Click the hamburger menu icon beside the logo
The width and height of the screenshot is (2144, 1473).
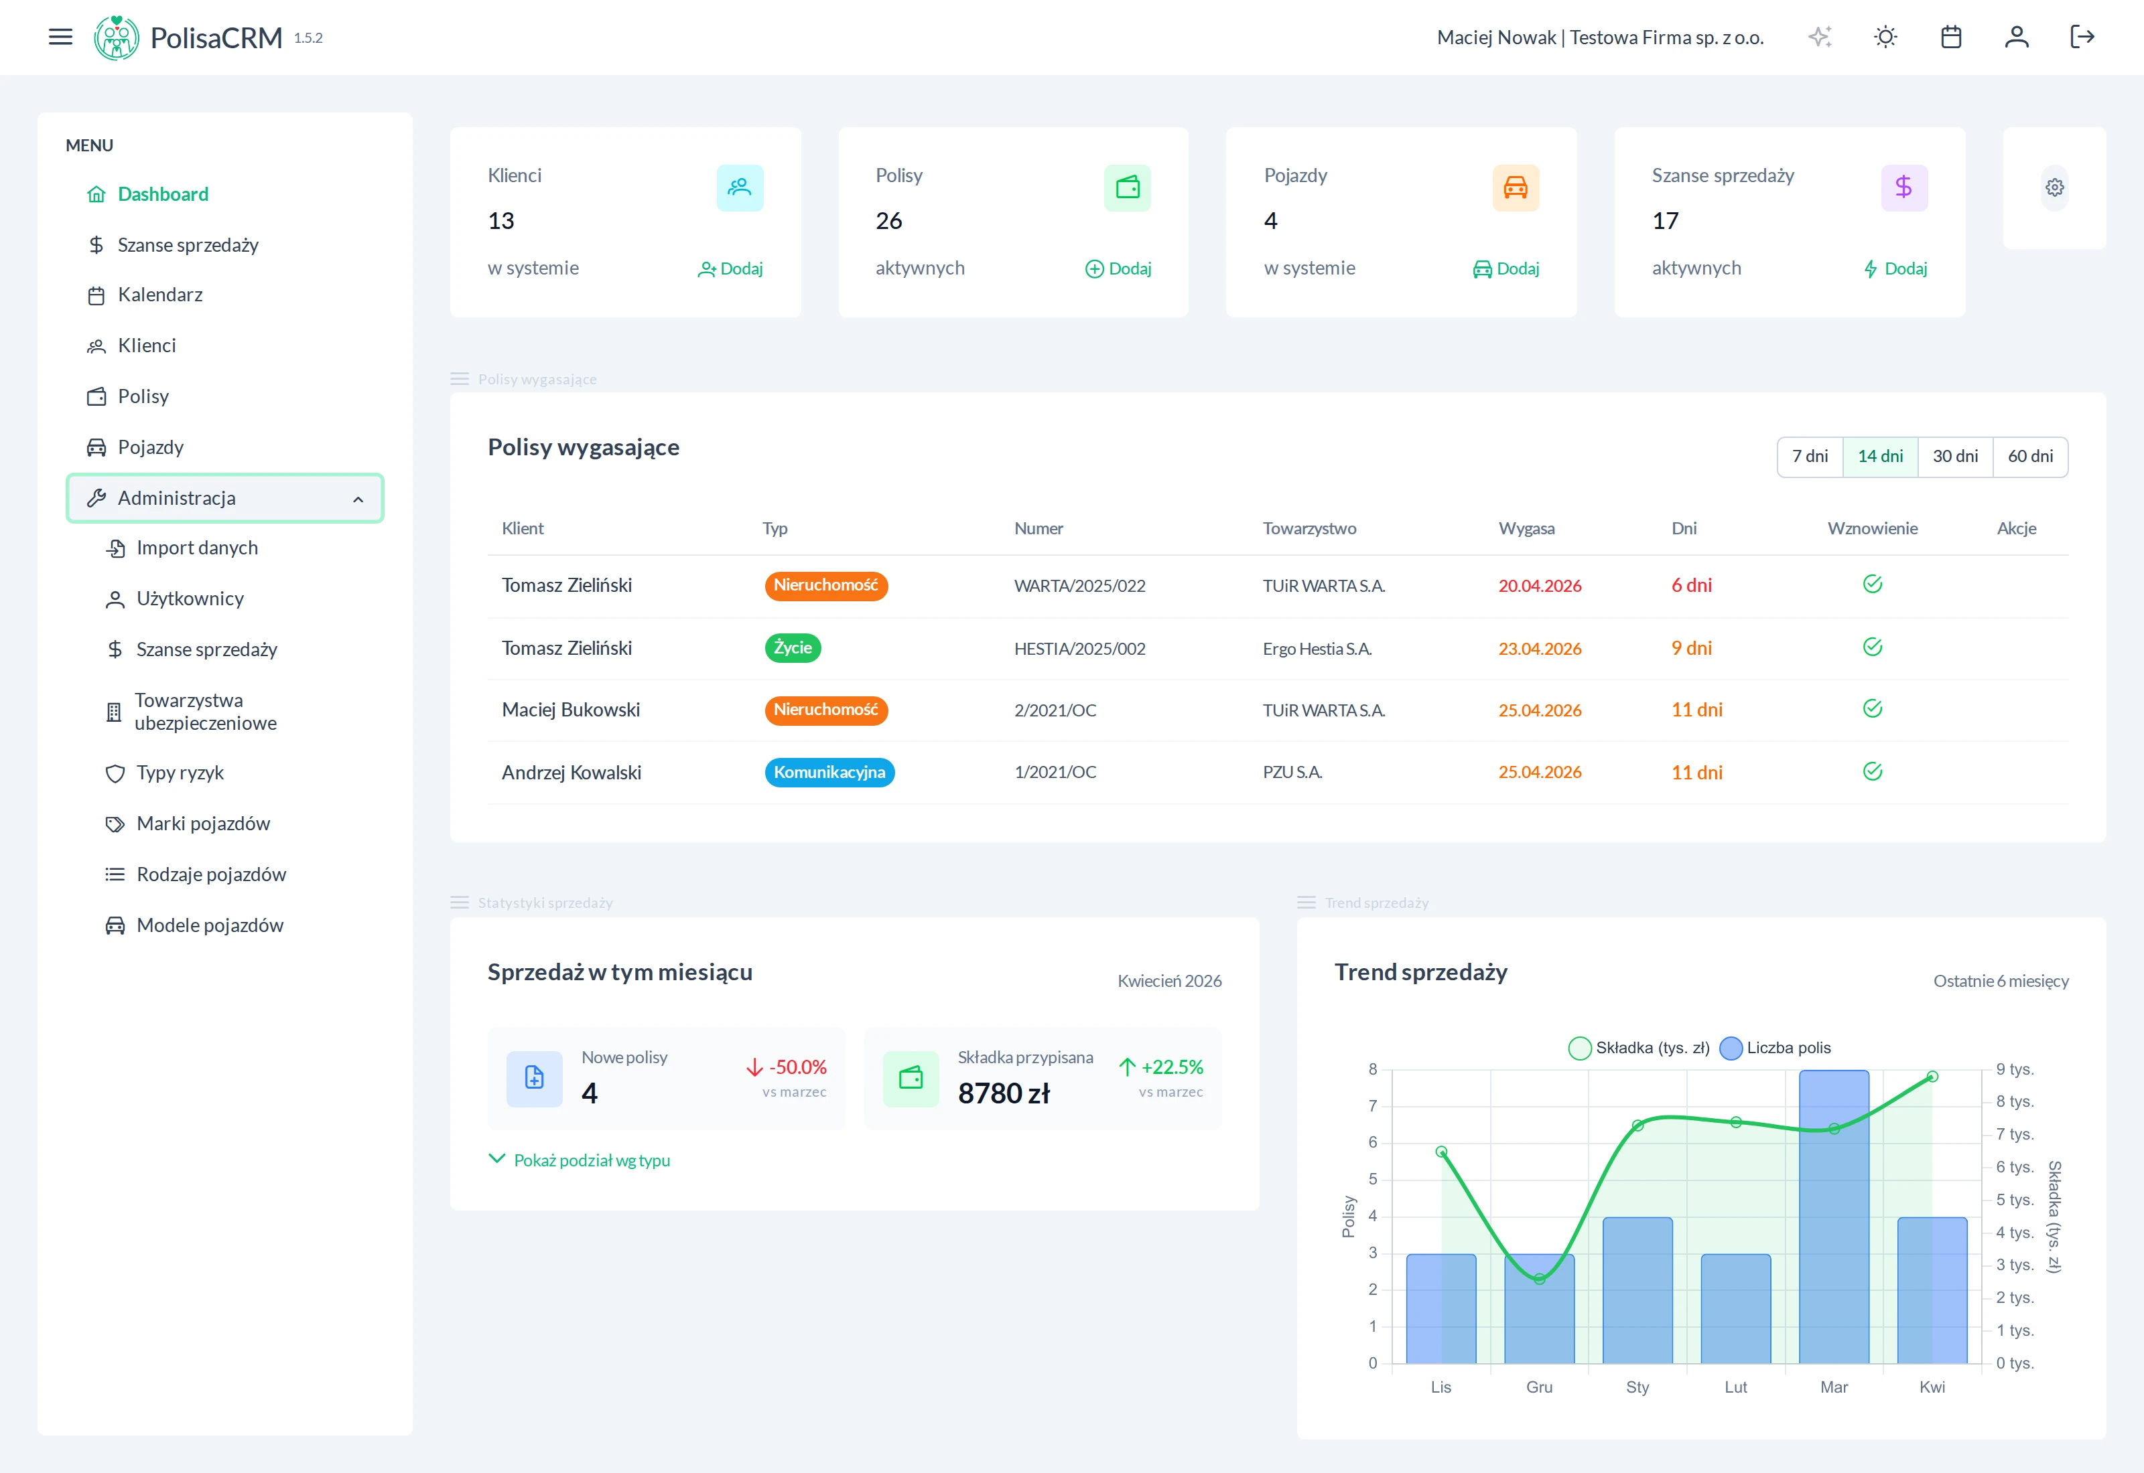(60, 37)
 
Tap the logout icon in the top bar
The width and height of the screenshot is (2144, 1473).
(2082, 37)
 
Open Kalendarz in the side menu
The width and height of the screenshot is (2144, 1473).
(159, 295)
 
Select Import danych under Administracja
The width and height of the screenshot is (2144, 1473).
(197, 548)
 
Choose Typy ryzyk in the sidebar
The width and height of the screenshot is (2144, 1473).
(180, 773)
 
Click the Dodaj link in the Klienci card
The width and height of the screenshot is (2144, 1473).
(730, 268)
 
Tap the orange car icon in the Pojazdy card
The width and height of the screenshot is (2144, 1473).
(1515, 187)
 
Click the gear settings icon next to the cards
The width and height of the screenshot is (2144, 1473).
(2054, 187)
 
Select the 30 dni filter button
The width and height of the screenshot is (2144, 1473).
(1954, 457)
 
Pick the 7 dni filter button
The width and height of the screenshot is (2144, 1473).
(1810, 457)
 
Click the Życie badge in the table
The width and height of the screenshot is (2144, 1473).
(792, 648)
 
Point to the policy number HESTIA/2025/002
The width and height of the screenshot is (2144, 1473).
(1079, 649)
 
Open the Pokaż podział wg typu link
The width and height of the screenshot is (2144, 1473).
(591, 1160)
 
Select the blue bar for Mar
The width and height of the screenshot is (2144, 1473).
(1834, 1219)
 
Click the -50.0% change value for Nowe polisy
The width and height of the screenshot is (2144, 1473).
(797, 1067)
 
